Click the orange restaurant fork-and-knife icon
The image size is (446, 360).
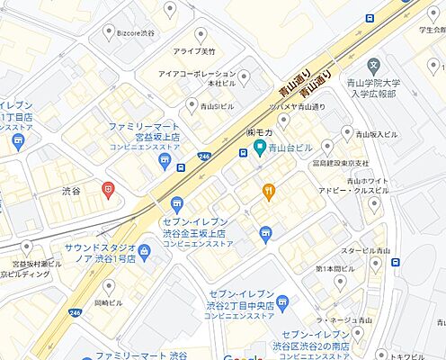[x=268, y=191]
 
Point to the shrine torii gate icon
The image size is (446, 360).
[x=265, y=234]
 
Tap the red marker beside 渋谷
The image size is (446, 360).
[x=108, y=189]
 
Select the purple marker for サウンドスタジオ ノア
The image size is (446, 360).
[x=145, y=248]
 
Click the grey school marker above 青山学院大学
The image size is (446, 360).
[x=374, y=67]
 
